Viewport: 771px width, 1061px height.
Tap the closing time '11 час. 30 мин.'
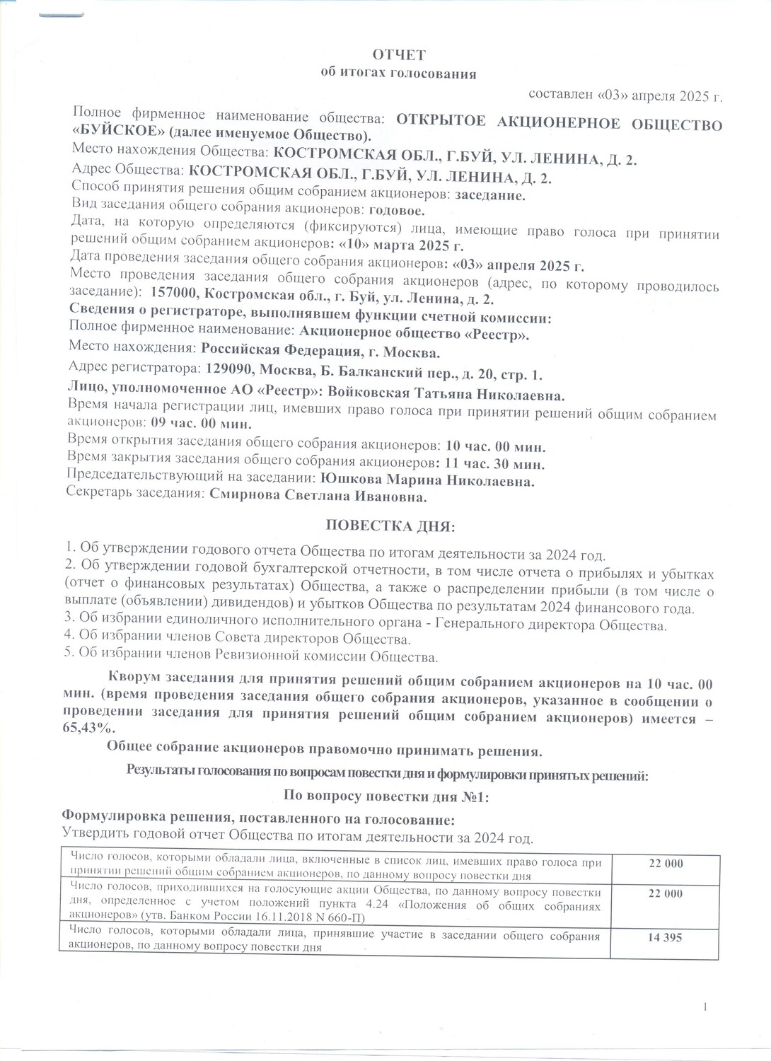(x=495, y=465)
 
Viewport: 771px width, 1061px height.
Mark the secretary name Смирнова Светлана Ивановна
(x=319, y=498)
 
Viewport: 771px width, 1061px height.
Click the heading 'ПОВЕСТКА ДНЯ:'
(x=391, y=527)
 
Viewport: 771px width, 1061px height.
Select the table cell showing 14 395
(x=665, y=938)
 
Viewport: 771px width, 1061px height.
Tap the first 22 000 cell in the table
(x=665, y=864)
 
